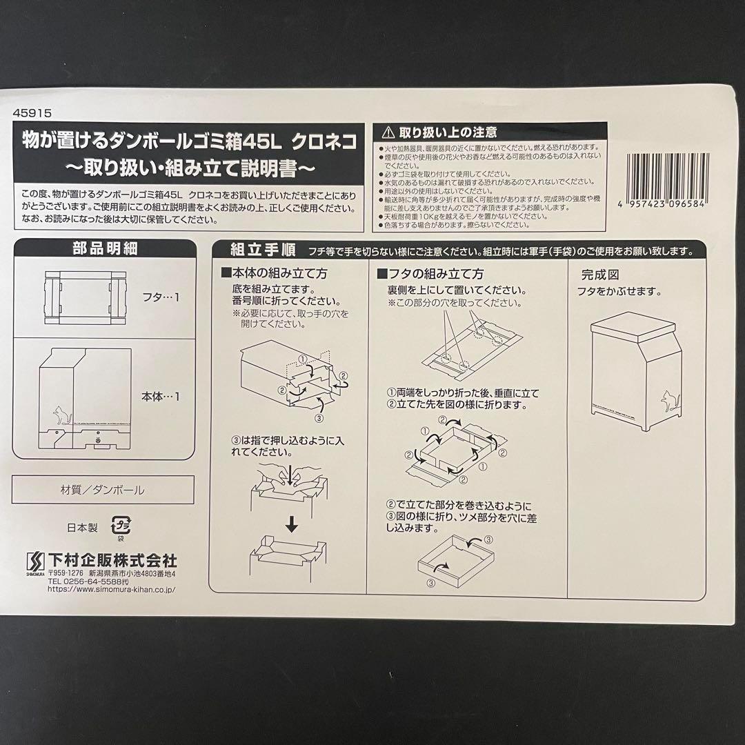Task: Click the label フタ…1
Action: [x=166, y=298]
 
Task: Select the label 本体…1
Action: [x=160, y=396]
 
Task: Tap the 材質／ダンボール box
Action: [x=103, y=490]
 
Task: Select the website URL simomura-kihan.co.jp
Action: [x=110, y=590]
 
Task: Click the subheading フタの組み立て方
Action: [x=435, y=274]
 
